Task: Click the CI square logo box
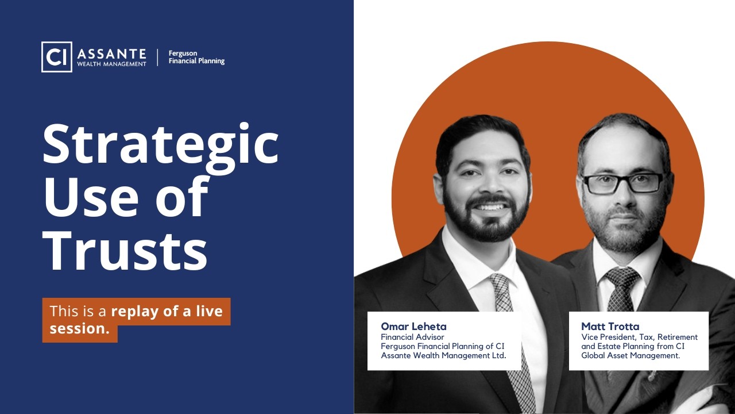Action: point(57,57)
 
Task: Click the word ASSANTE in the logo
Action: point(111,54)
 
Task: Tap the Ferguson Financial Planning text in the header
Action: point(196,57)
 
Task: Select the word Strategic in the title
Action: point(160,144)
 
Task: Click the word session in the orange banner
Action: point(78,329)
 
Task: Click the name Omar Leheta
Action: point(413,327)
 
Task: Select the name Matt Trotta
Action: point(610,327)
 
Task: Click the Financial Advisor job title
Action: point(412,337)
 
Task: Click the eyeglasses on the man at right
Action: point(622,183)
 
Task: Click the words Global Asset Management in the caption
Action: point(630,356)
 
